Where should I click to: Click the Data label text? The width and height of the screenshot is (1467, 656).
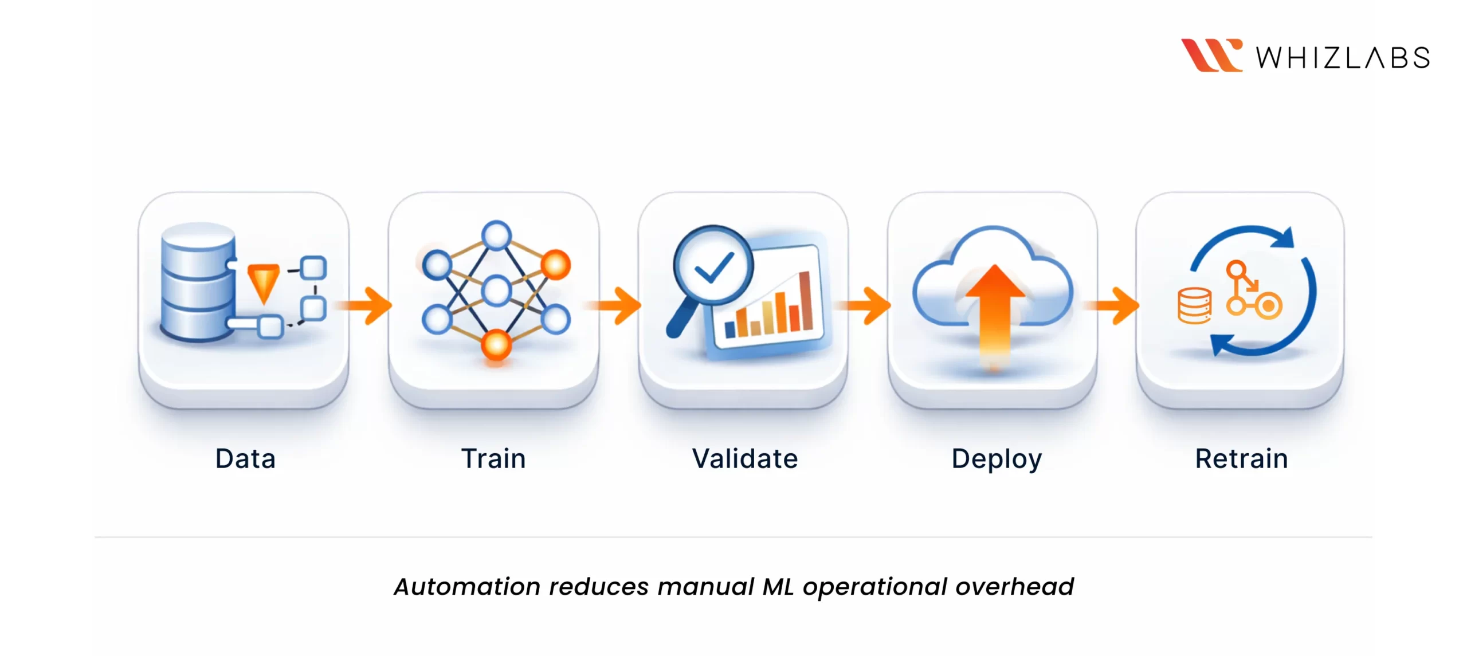coord(245,459)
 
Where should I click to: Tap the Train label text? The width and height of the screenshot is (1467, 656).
coord(493,459)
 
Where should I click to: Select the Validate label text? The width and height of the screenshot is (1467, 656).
coord(744,459)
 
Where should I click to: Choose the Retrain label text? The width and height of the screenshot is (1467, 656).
coord(1241,459)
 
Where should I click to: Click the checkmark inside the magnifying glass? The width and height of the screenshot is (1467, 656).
coord(713,267)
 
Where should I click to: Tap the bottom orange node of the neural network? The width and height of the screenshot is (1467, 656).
coord(496,345)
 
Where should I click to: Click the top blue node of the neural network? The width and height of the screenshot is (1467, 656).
coord(496,235)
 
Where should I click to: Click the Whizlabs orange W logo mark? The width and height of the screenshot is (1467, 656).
coord(1211,56)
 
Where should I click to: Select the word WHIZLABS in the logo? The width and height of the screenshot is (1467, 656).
coord(1343,58)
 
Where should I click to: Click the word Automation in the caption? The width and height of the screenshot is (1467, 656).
coord(466,587)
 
